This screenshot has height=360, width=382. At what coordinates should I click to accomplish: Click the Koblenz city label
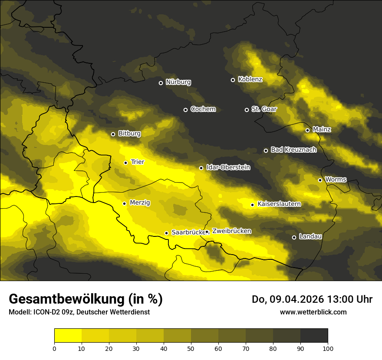[x=250, y=79]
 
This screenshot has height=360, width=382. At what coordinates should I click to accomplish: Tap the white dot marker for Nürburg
[x=161, y=83]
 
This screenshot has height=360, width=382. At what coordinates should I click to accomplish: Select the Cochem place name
[x=203, y=109]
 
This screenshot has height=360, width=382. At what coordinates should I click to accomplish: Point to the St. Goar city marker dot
[x=247, y=110]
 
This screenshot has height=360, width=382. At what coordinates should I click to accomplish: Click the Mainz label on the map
[x=322, y=129]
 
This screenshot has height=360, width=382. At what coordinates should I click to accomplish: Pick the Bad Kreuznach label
[x=293, y=150]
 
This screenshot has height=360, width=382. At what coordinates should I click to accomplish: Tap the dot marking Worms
[x=320, y=180]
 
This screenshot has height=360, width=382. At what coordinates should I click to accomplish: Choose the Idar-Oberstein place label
[x=228, y=167]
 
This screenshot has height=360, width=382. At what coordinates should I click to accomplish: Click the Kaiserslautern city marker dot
[x=252, y=205]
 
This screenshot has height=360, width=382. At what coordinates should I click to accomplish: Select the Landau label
[x=310, y=236]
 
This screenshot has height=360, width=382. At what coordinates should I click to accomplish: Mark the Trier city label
[x=138, y=162]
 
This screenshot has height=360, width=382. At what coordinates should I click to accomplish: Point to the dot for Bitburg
[x=113, y=134]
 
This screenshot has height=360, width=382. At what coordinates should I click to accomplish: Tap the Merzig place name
[x=140, y=203]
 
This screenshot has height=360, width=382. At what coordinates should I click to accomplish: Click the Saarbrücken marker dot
[x=166, y=233]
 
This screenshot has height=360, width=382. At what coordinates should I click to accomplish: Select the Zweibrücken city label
[x=231, y=231]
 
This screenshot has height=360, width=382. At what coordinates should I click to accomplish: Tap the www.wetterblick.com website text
[x=313, y=312]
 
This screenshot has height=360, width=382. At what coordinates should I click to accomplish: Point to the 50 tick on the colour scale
[x=191, y=348]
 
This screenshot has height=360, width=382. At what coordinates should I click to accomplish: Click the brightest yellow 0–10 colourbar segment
[x=68, y=336]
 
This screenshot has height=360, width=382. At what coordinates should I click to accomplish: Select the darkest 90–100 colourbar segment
[x=314, y=336]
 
